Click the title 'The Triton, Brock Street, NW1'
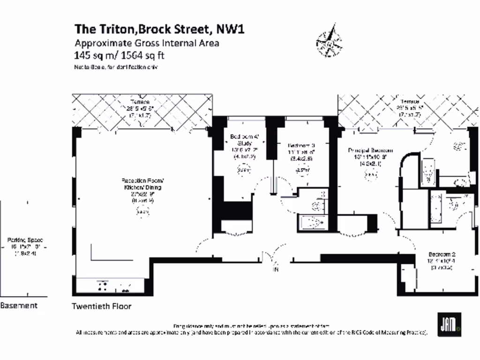click(x=159, y=29)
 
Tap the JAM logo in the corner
click(x=449, y=324)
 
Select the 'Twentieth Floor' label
click(x=101, y=307)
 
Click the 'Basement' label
click(x=19, y=306)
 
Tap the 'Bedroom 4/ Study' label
click(x=241, y=140)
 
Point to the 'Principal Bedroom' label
click(x=370, y=150)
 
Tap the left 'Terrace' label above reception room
click(x=140, y=102)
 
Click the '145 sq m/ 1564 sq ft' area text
click(x=120, y=55)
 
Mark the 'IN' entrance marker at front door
click(x=276, y=270)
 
